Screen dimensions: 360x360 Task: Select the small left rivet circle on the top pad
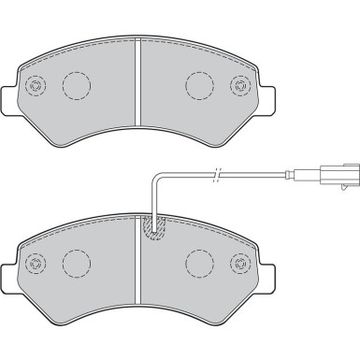tap(36, 87)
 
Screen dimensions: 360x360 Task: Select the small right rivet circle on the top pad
tap(243, 87)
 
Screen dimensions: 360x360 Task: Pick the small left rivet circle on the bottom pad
tap(36, 261)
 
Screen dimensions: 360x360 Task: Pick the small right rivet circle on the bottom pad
tap(243, 261)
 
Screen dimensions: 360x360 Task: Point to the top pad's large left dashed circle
tap(77, 86)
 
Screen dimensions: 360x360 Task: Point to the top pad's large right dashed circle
tap(201, 86)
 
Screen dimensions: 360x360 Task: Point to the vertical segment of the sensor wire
tap(151, 196)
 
